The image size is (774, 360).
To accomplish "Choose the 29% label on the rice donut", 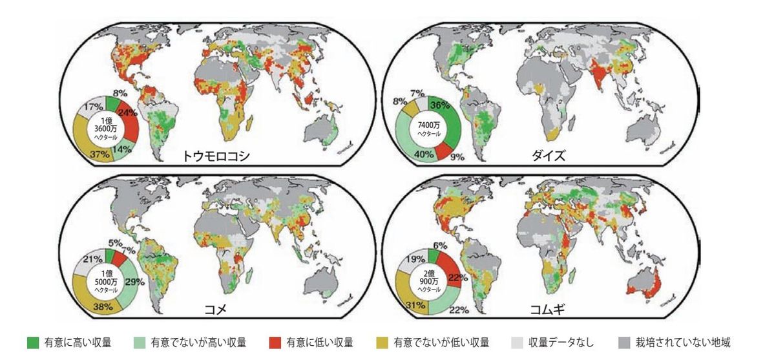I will pos(134,282).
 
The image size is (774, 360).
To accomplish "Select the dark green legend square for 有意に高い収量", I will pos(32,343).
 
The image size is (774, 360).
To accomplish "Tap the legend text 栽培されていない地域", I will pos(683,343).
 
